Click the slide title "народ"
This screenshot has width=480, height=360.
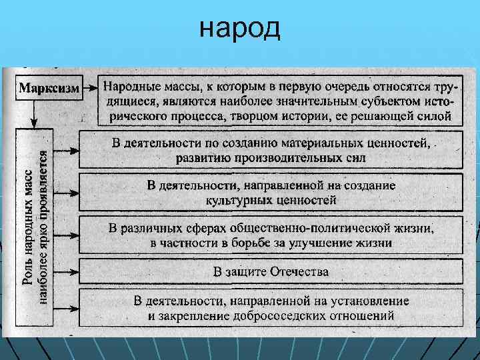(x=240, y=29)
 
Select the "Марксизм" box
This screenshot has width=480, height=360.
(x=49, y=89)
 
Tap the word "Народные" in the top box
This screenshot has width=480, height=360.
(x=133, y=86)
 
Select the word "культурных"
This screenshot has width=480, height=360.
(x=235, y=199)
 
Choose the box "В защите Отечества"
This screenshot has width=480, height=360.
(x=271, y=271)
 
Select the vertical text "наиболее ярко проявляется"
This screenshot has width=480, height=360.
(x=43, y=227)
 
